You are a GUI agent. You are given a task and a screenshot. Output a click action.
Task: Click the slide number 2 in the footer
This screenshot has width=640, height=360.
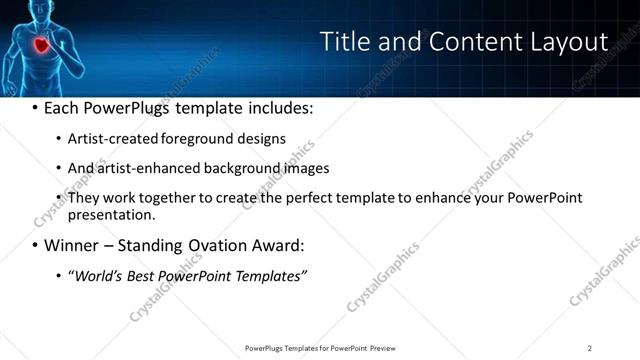[589, 347]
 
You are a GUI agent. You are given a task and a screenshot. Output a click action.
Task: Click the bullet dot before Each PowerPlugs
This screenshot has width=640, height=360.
[36, 107]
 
